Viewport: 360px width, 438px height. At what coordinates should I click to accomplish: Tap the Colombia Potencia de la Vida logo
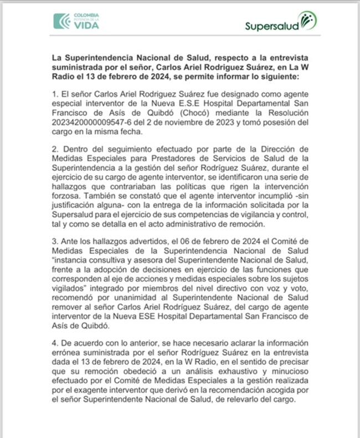point(76,21)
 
